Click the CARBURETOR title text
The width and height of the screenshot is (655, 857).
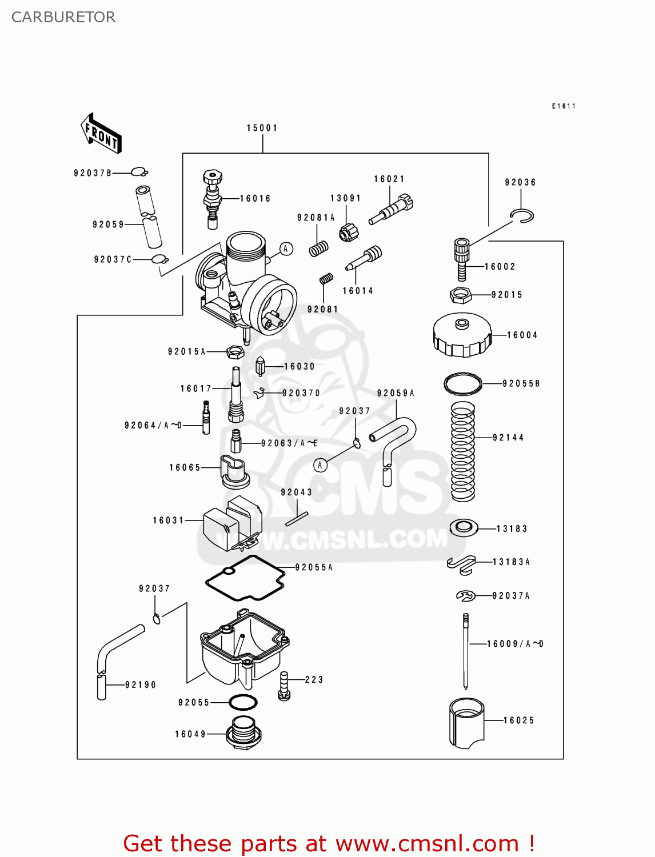point(63,17)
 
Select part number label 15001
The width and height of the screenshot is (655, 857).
point(262,128)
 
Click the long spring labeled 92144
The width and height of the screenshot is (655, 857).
point(463,451)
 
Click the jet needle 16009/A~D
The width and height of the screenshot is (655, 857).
point(466,651)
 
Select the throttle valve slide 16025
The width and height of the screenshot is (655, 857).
point(466,723)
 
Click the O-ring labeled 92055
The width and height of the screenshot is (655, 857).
point(243,702)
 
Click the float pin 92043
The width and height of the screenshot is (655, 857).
point(297,518)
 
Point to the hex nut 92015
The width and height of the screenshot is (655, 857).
point(460,295)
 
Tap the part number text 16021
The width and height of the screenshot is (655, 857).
point(389,179)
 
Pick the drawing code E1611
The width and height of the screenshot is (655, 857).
point(564,106)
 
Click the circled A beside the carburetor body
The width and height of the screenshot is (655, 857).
point(286,249)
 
